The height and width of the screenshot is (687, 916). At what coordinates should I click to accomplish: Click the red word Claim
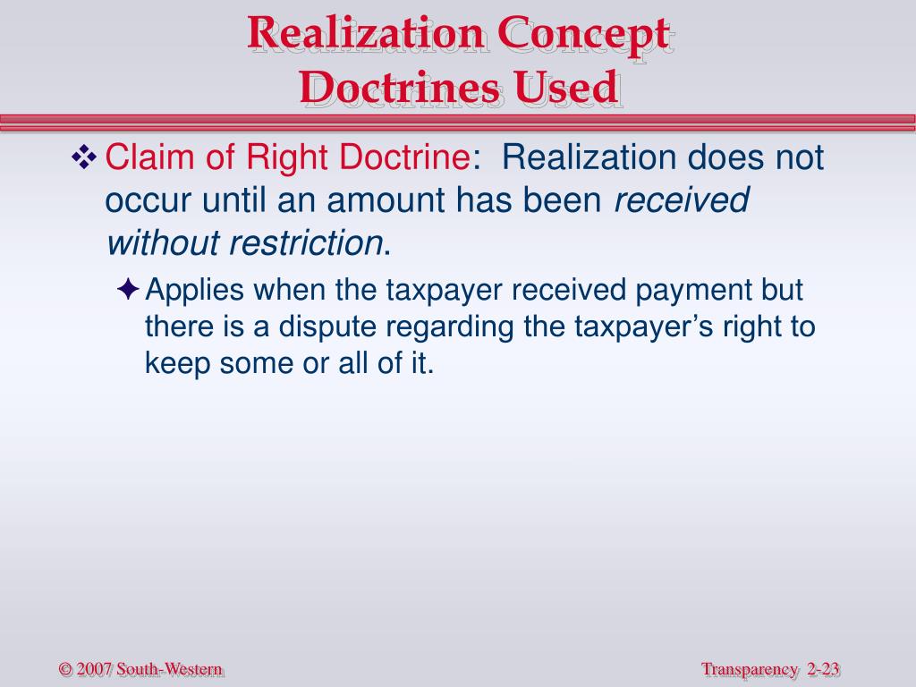pos(140,158)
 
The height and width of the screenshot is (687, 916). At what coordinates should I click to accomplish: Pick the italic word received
pos(681,201)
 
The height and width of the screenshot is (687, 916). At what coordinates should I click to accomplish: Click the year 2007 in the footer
pos(95,669)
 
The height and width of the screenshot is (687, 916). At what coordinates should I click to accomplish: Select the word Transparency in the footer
pos(750,669)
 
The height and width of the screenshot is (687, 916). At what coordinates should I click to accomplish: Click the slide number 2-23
pos(826,669)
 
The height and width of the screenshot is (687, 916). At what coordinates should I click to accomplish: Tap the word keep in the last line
pos(174,365)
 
